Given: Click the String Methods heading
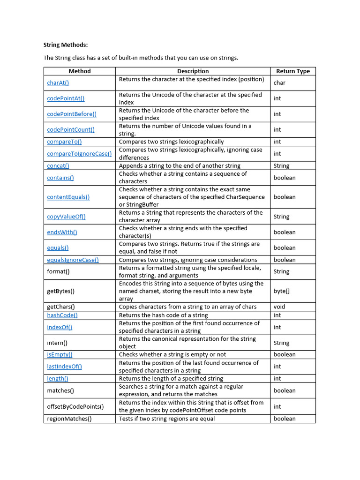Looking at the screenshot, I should click(x=66, y=45).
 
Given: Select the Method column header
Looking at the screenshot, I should click(x=80, y=71).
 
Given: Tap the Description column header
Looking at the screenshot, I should click(x=193, y=71).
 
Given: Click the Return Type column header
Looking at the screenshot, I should click(x=292, y=71).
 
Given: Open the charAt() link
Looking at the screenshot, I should click(x=58, y=83).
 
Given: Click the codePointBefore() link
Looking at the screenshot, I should click(x=72, y=114).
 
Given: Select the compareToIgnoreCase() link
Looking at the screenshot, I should click(x=79, y=154).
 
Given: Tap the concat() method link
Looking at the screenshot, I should click(x=58, y=166).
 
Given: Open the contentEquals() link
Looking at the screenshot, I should click(x=68, y=197).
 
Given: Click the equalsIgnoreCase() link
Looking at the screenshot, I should click(x=73, y=260).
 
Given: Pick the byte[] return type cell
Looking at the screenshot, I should click(x=281, y=291).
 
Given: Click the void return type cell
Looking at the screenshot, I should click(x=279, y=307).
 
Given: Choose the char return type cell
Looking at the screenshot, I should click(x=279, y=83).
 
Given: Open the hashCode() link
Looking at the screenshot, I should click(x=62, y=315).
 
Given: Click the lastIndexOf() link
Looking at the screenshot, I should click(x=64, y=367).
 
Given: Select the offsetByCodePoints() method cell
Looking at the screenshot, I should click(x=75, y=406).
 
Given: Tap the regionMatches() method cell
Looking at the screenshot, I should click(x=69, y=419).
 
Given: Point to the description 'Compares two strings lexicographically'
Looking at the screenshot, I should click(x=171, y=142).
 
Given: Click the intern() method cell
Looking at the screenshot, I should click(x=57, y=343).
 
